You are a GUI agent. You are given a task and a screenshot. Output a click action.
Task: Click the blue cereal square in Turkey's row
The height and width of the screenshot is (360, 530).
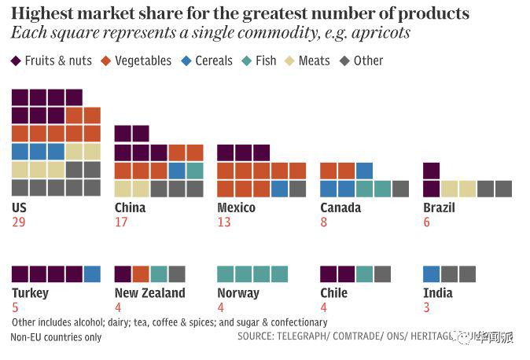pyautogui.click(x=92, y=274)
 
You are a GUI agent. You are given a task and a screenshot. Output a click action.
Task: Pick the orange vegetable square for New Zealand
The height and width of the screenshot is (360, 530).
pyautogui.click(x=141, y=274)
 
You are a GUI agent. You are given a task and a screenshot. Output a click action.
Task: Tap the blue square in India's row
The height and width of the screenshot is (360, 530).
pyautogui.click(x=431, y=274)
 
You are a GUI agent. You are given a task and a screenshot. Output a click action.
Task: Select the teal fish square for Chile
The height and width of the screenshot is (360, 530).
pyautogui.click(x=364, y=274)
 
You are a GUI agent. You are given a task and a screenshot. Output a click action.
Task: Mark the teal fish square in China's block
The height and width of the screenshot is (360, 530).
pyautogui.click(x=195, y=171)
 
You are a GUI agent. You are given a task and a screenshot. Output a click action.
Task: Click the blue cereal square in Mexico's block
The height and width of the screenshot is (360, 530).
pyautogui.click(x=279, y=189)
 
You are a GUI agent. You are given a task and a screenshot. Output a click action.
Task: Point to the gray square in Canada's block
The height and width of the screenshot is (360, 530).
pyautogui.click(x=400, y=189)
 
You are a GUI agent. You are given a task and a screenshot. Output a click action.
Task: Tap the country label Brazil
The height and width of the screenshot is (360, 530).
pyautogui.click(x=439, y=208)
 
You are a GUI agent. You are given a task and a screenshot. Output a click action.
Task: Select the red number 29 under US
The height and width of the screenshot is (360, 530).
pyautogui.click(x=20, y=222)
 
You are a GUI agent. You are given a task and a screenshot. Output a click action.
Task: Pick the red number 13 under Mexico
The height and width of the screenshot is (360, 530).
pyautogui.click(x=224, y=222)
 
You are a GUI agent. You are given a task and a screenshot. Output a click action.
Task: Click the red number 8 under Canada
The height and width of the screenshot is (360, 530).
pyautogui.click(x=324, y=222)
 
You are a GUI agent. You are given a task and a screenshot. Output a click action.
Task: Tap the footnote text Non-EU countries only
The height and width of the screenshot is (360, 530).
pyautogui.click(x=56, y=337)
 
